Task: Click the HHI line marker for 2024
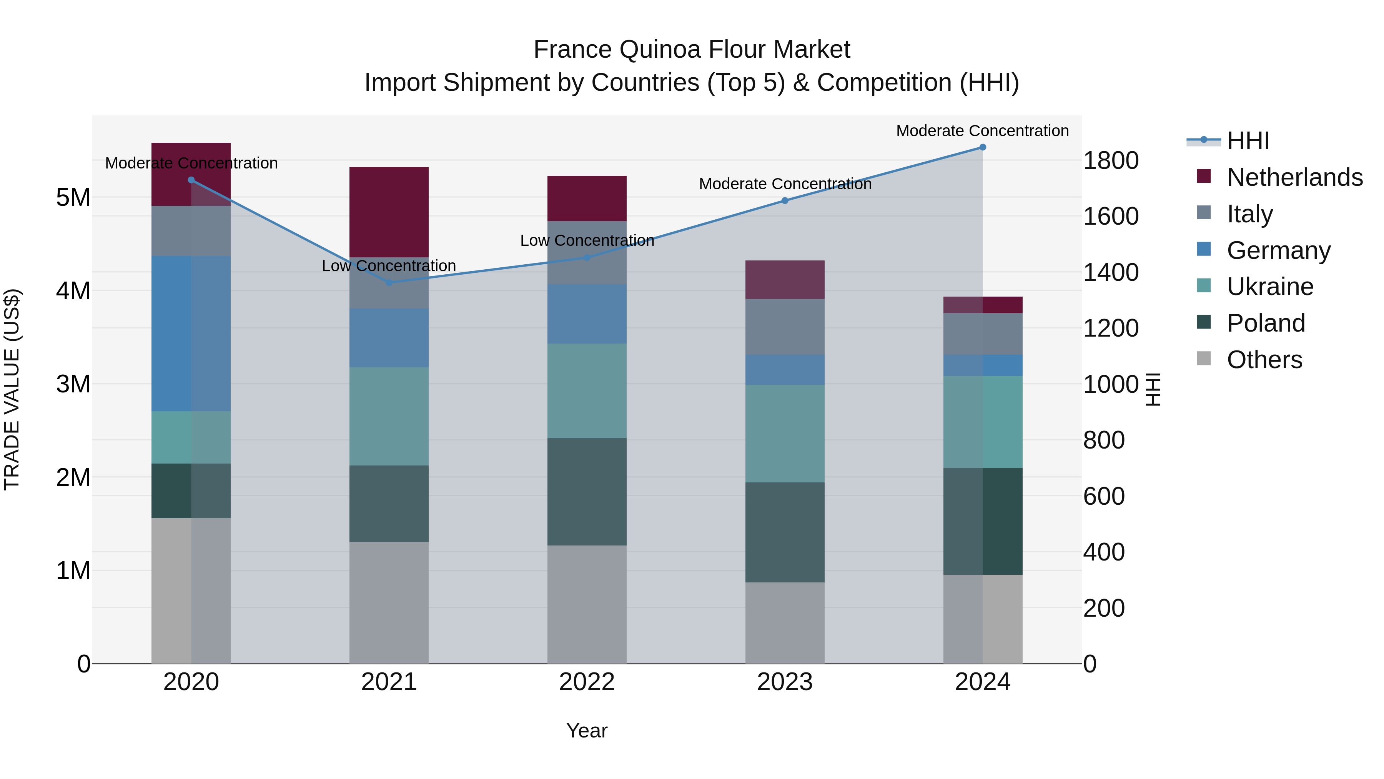pos(983,147)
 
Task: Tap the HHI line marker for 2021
pos(389,282)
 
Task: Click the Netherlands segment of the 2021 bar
pos(389,212)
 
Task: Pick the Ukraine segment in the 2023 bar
pos(785,433)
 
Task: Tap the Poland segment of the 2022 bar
pos(587,492)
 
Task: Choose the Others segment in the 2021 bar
pos(389,602)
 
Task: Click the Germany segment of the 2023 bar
pos(785,370)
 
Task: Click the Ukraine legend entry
pos(1269,287)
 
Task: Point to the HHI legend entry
pos(1248,141)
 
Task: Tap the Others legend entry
pos(1264,360)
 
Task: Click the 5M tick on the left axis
pos(73,198)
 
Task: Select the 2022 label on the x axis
pos(587,682)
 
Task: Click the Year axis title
pos(587,731)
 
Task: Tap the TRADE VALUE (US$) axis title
pos(12,389)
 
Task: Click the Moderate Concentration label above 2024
pos(982,131)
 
